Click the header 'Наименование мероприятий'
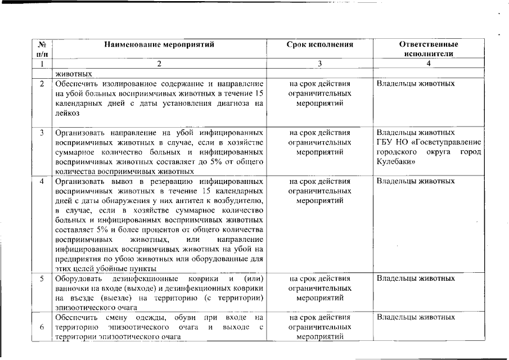point(159,44)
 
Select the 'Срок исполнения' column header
point(319,44)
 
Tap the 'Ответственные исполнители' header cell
point(429,49)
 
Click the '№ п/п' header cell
point(41,49)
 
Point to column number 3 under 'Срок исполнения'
point(319,64)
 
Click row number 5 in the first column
point(42,278)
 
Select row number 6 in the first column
point(42,327)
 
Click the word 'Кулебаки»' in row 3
point(396,162)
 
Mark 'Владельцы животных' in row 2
point(416,84)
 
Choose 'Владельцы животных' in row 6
point(416,317)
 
